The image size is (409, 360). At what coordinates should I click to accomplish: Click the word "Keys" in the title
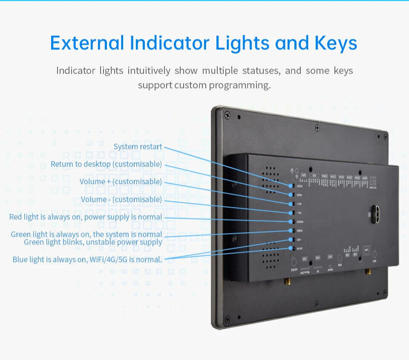click(336, 43)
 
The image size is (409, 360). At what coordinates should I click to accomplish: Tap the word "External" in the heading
click(87, 43)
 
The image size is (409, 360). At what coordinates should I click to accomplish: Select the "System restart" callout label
click(138, 147)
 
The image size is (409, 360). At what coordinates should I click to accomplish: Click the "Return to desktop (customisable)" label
click(106, 164)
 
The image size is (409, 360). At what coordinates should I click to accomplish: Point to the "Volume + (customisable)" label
click(121, 181)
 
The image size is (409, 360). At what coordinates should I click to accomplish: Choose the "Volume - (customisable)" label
click(121, 199)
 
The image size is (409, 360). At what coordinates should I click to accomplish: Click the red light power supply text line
click(86, 217)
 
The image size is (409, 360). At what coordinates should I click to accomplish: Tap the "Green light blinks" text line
click(93, 242)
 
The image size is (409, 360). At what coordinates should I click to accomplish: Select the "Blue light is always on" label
click(87, 259)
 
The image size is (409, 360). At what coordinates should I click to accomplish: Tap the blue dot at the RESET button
click(291, 186)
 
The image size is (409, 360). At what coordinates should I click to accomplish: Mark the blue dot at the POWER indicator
click(291, 222)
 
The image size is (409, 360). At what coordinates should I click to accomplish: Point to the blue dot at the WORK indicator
click(291, 231)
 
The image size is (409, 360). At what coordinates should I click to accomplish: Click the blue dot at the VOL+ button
click(291, 204)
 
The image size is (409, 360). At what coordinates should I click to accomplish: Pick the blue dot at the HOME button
click(291, 195)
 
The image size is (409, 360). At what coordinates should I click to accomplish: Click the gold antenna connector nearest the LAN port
click(367, 271)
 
